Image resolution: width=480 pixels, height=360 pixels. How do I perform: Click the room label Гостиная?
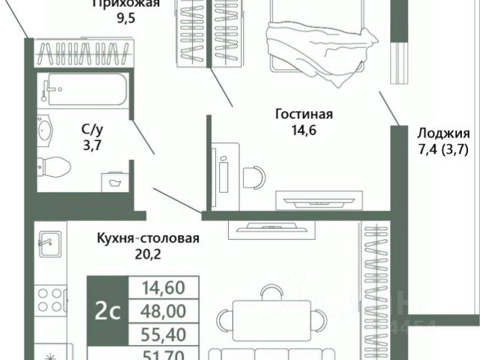click(x=304, y=115)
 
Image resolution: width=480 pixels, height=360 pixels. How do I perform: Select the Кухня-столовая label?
click(x=148, y=239)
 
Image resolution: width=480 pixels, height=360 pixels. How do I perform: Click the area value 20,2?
click(x=148, y=254)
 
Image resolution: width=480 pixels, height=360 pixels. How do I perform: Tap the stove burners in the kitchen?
click(x=51, y=297)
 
